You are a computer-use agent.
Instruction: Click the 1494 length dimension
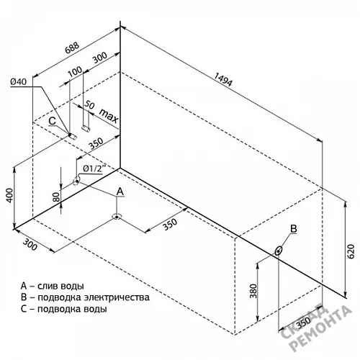tap(223, 79)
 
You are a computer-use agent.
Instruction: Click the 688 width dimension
tap(72, 48)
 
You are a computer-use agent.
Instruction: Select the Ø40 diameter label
tap(19, 81)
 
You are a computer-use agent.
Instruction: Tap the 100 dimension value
tap(75, 71)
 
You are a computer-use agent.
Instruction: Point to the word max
tap(109, 115)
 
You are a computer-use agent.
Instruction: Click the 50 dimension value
tap(89, 105)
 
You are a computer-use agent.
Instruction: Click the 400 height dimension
tap(9, 195)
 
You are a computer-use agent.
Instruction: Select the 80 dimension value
tap(56, 197)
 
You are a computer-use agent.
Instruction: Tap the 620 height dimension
tap(351, 251)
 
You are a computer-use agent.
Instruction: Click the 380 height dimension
tap(253, 291)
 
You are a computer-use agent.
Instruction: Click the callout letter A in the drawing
tap(120, 192)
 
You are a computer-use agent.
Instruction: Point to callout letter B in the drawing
tap(294, 229)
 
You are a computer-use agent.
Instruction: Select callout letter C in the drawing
tap(52, 121)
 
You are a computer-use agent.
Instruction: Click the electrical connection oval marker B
tap(279, 251)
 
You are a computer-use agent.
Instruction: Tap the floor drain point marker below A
tap(117, 217)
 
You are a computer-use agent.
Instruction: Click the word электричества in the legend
tap(117, 297)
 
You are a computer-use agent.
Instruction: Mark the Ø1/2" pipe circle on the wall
tap(77, 181)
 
